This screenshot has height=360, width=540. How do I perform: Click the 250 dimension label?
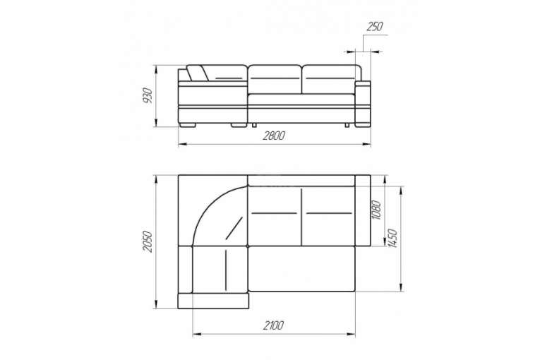click(374, 27)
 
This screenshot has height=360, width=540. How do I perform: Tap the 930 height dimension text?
click(148, 96)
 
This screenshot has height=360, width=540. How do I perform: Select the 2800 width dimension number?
click(274, 136)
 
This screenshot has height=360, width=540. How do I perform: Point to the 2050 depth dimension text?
click(148, 241)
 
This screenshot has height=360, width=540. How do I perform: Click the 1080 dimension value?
click(376, 210)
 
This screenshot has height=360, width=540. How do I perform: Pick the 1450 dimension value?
click(392, 238)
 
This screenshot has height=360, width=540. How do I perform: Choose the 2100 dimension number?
click(273, 325)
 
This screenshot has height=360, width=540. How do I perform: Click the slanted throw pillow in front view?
click(198, 73)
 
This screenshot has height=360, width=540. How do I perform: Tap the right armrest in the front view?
click(363, 104)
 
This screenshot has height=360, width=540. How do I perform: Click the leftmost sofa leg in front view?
click(187, 125)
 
